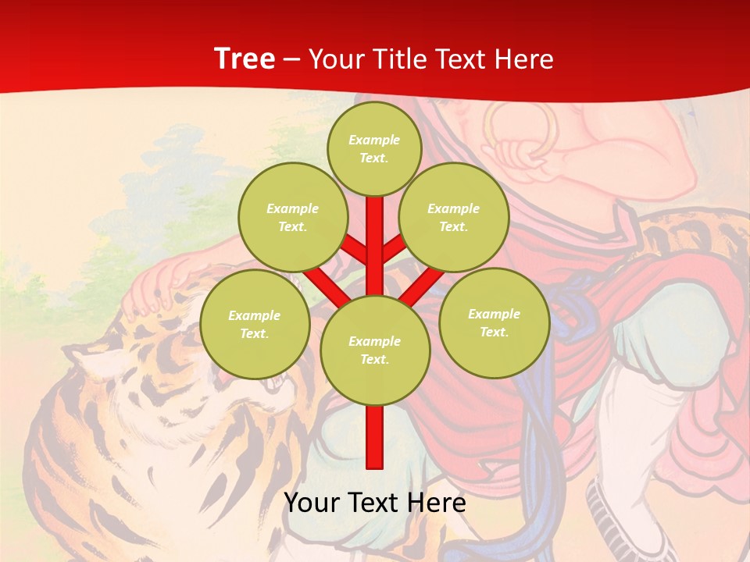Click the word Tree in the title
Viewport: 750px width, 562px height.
point(245,59)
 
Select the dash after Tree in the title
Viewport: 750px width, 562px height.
point(292,60)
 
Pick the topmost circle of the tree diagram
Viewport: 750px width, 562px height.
point(374,148)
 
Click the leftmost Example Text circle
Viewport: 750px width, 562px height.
point(255,324)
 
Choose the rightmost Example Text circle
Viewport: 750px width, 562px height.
point(494,322)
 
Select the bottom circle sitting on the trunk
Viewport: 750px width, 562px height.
point(375,350)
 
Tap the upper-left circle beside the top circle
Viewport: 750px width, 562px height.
point(293,217)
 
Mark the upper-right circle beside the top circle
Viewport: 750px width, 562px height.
point(454,217)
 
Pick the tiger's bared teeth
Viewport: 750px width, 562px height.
point(274,382)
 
